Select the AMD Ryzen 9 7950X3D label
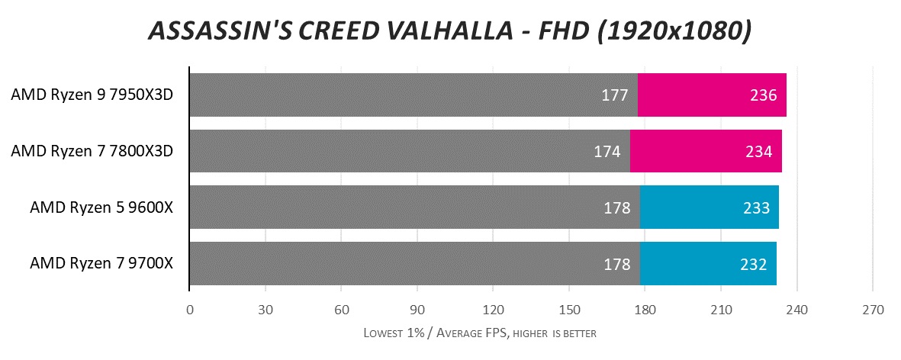pos(92,95)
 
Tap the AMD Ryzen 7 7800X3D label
pos(92,151)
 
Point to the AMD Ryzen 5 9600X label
pos(101,207)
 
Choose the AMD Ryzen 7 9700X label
pos(101,264)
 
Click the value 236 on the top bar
pos(763,95)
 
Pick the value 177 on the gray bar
pos(614,95)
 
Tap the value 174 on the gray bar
pos(607,151)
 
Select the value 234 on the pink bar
pos(758,151)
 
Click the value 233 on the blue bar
pos(755,207)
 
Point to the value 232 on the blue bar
pos(753,264)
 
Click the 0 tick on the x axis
pos(189,311)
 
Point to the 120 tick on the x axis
pos(493,311)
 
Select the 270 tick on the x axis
pos(873,311)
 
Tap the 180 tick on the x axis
pos(645,311)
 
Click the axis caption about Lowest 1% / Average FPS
pos(479,333)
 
